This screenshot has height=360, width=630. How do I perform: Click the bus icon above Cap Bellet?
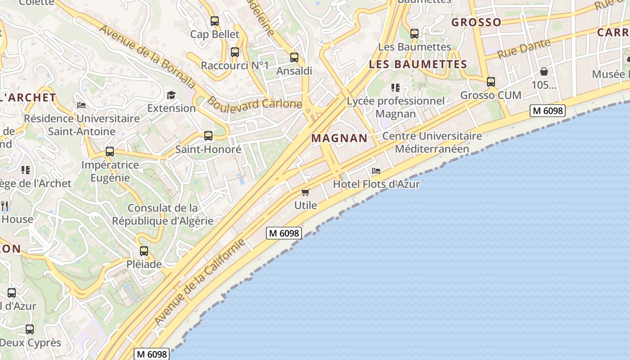tap(215, 21)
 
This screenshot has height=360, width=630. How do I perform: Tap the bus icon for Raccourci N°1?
tap(235, 52)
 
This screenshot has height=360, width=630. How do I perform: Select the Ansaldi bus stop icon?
tap(294, 57)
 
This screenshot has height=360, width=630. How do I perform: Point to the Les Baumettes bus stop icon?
tap(414, 33)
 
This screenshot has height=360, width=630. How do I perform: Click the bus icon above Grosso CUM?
tap(491, 81)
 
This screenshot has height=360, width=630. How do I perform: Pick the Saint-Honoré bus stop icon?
tap(208, 135)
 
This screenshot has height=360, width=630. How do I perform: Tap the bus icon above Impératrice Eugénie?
tap(110, 152)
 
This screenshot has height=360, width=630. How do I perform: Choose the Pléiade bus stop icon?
tap(144, 251)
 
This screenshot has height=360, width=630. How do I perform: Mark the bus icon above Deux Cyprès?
tap(30, 329)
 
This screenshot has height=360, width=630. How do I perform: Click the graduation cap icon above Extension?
tap(171, 94)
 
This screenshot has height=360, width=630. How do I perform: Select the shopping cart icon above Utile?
tap(306, 192)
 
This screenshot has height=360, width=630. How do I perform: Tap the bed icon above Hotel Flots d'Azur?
tap(376, 171)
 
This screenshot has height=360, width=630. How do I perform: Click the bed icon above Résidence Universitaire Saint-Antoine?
tap(81, 105)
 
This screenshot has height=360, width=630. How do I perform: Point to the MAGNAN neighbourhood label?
tap(339, 138)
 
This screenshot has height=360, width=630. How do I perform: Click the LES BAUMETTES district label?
tap(418, 64)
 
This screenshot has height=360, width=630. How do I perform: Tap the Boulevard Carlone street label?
tap(254, 103)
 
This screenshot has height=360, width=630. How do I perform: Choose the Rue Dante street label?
tap(524, 49)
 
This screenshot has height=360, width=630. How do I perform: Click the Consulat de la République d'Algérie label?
tap(162, 214)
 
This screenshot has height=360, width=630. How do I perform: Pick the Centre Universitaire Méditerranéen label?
tap(432, 142)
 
